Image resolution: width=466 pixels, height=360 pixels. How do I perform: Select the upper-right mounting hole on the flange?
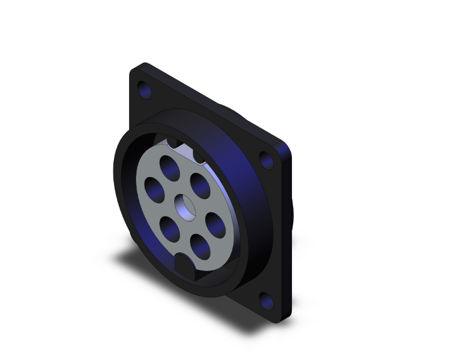pos(267,161)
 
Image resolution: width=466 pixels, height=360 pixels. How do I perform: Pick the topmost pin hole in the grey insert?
pos(168,166)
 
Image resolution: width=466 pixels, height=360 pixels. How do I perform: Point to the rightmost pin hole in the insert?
pos(214,224)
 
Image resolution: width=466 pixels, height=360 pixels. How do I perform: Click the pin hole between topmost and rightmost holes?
pos(200,185)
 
